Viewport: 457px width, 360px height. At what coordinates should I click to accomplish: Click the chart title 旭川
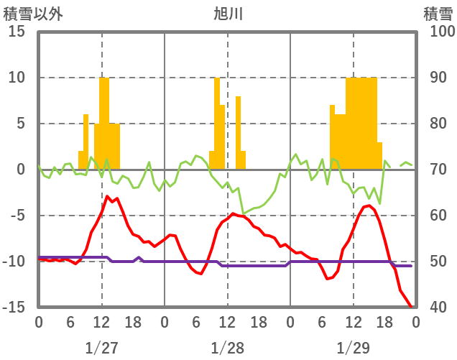click(x=228, y=14)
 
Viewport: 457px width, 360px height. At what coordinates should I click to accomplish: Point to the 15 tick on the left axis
click(x=17, y=32)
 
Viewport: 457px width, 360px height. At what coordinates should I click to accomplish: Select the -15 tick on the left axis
click(x=14, y=308)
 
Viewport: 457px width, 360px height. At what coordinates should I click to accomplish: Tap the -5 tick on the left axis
click(x=17, y=216)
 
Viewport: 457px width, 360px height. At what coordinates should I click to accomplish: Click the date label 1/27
click(x=101, y=348)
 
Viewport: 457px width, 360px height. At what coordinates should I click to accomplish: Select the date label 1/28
click(x=228, y=348)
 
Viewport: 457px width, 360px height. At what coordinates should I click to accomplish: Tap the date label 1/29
click(x=353, y=348)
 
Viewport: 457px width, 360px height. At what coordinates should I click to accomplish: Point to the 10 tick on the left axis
click(x=17, y=78)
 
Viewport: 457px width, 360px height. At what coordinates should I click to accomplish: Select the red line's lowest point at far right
click(x=411, y=307)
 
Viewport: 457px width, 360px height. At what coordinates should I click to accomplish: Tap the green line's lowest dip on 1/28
click(x=244, y=213)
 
